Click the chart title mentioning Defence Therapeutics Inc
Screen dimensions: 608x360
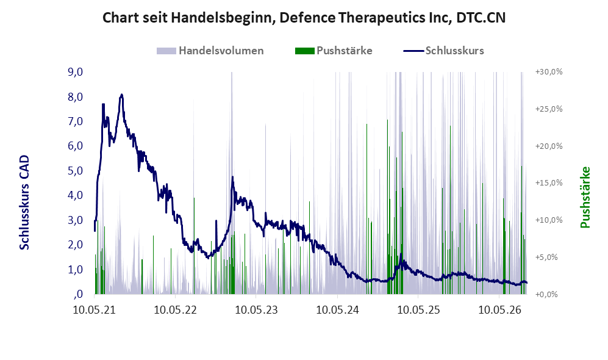click(x=304, y=18)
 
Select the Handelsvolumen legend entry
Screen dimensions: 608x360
click(x=210, y=51)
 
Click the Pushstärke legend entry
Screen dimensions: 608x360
click(x=334, y=51)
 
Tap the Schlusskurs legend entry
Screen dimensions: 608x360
click(x=443, y=51)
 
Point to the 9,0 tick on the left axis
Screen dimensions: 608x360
click(x=76, y=72)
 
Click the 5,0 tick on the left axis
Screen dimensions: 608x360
click(x=76, y=170)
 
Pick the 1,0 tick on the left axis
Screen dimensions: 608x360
click(x=76, y=269)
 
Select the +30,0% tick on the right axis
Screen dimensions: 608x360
click(x=549, y=72)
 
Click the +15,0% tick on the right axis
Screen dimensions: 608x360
click(x=549, y=182)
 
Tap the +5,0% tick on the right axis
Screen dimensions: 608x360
click(x=546, y=257)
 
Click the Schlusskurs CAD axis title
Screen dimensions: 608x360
click(x=24, y=202)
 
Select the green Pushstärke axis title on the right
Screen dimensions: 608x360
click(x=585, y=197)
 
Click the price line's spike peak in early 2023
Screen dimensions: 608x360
click(x=233, y=177)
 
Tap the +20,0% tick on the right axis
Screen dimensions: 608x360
click(x=549, y=146)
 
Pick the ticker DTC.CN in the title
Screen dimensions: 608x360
click(x=481, y=18)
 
